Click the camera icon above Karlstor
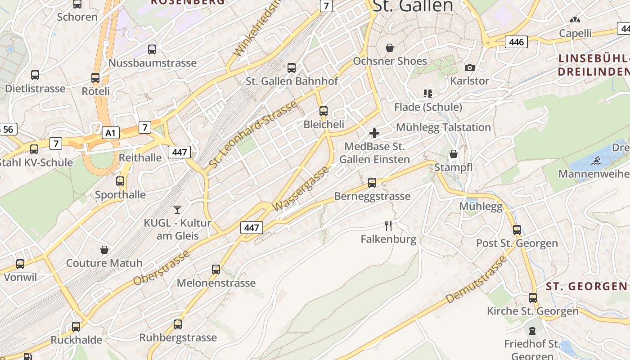[x=470, y=68]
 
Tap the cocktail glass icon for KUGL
[x=177, y=209]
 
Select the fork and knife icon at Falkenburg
[x=388, y=226]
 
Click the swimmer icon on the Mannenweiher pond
[x=597, y=160]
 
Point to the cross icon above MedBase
[x=374, y=133]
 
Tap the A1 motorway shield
[x=111, y=133]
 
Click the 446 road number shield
[x=516, y=42]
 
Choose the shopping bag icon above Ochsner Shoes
[x=390, y=48]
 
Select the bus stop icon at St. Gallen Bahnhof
[x=292, y=68]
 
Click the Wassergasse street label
[x=301, y=189]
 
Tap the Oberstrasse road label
[x=161, y=269]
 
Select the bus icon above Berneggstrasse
[x=372, y=183]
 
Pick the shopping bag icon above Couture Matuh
[x=104, y=250]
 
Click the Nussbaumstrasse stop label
[x=152, y=63]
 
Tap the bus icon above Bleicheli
[x=323, y=111]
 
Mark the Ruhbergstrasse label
[x=178, y=337]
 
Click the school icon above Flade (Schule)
[x=427, y=94]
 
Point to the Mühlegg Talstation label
[x=443, y=127]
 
